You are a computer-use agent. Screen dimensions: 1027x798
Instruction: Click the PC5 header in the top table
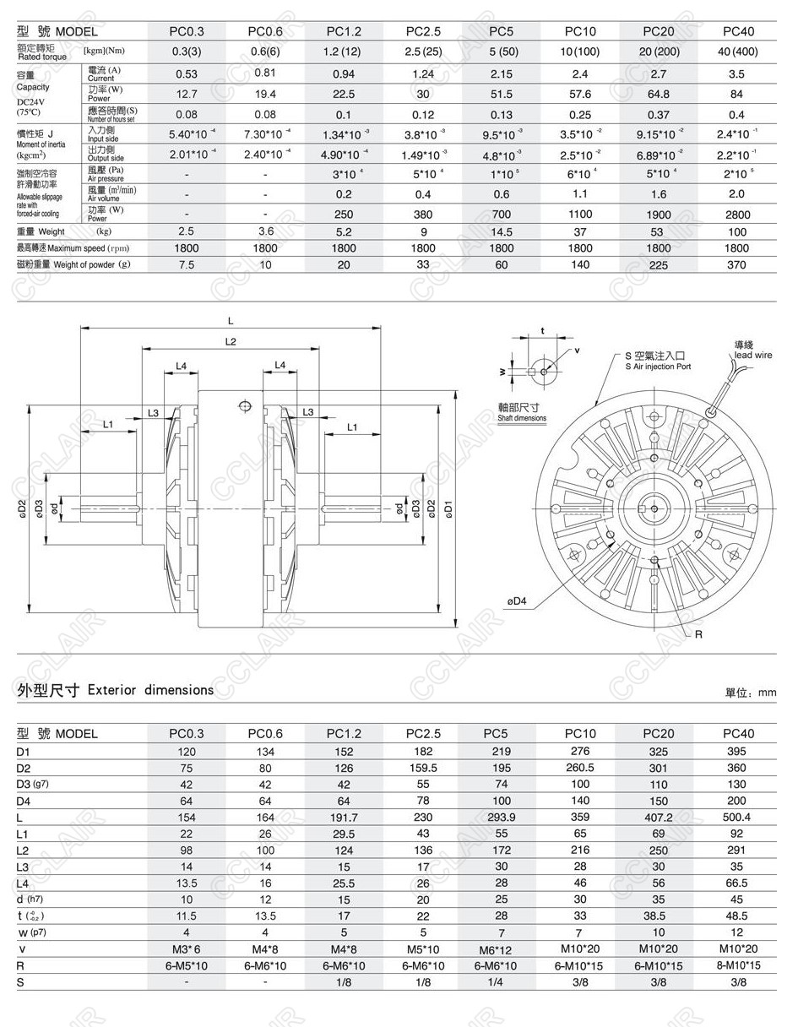[x=501, y=31]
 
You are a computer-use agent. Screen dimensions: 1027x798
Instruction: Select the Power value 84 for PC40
[x=736, y=94]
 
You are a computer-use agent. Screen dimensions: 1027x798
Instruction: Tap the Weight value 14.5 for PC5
[x=501, y=231]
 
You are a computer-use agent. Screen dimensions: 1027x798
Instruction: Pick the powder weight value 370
[x=736, y=264]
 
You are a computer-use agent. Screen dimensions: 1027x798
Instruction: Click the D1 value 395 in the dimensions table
[x=736, y=752]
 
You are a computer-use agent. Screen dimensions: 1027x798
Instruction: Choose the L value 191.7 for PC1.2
[x=344, y=818]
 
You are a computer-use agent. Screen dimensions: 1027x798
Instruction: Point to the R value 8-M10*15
[x=736, y=965]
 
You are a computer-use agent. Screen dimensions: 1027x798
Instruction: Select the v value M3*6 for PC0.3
[x=186, y=949]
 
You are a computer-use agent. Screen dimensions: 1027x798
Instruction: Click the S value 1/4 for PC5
[x=501, y=982]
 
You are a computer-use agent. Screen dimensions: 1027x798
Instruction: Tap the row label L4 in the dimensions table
[x=23, y=883]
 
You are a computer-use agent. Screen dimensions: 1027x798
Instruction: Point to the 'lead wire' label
[x=752, y=355]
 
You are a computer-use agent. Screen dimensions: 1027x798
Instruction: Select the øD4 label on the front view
[x=517, y=601]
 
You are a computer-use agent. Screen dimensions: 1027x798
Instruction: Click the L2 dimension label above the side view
[x=230, y=341]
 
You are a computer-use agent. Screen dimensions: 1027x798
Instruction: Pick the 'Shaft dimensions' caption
[x=522, y=418]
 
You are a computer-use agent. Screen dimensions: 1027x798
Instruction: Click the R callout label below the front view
[x=698, y=634]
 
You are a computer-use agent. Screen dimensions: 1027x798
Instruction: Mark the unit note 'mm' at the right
[x=766, y=693]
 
